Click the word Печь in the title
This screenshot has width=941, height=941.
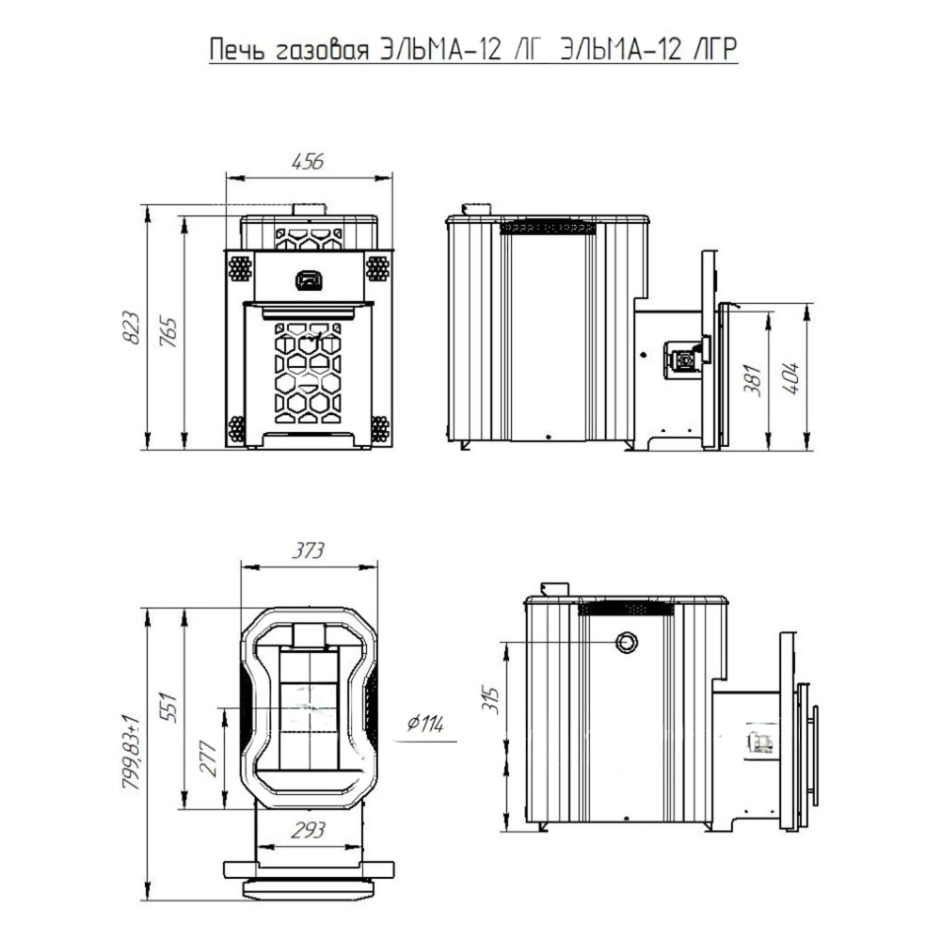tap(237, 50)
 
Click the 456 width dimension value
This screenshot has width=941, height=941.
tap(308, 162)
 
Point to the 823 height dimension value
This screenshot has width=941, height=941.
tap(132, 327)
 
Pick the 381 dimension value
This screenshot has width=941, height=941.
tap(753, 379)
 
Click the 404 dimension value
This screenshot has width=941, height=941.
tap(791, 378)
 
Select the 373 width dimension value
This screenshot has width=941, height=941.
tap(308, 550)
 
